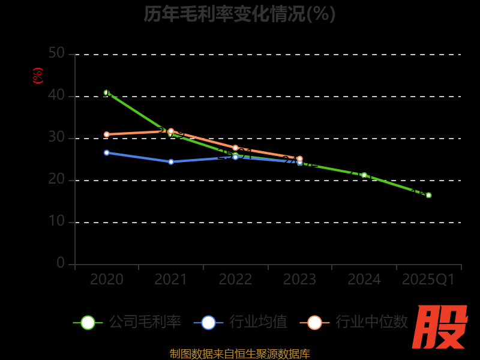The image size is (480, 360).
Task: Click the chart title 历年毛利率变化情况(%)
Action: coord(239,13)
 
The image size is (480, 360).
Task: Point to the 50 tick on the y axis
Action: coord(56,53)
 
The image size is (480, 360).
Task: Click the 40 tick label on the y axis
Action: coord(56,95)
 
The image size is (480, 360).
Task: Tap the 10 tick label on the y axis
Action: coord(56,221)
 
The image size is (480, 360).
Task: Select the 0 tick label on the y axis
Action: coord(61,263)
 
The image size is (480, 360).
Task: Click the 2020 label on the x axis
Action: coord(107,280)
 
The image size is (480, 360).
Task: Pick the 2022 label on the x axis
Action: coord(235,280)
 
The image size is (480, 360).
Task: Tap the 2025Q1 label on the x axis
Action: coord(428,280)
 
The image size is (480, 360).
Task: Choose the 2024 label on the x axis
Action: coord(364,280)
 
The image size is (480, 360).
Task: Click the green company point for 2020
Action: coord(107,92)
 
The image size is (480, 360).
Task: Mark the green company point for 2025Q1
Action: coord(428,195)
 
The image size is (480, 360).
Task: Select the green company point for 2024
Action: coord(364,175)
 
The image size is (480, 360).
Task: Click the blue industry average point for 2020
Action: coord(107,152)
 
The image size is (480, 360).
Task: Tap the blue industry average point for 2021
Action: coord(171,161)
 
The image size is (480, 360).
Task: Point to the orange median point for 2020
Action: coord(107,134)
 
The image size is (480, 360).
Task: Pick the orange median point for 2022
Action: coord(235,148)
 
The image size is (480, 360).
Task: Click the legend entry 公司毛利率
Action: coord(127,322)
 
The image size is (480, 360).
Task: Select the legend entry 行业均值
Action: coord(241,322)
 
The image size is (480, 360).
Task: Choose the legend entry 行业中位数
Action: coord(358,322)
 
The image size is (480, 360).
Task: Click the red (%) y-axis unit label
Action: coord(38,76)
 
